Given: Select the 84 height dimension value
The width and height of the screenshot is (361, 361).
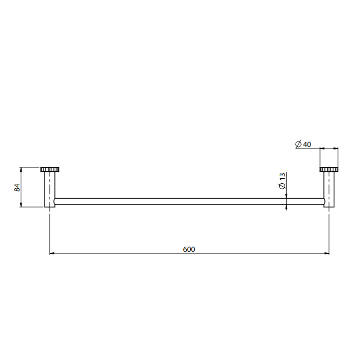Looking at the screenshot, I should pyautogui.click(x=17, y=187).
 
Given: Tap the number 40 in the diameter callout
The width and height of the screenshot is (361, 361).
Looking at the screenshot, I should pyautogui.click(x=307, y=144).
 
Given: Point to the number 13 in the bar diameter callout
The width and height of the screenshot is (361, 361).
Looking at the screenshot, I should pyautogui.click(x=282, y=177).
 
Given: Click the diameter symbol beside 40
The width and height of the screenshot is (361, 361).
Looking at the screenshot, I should pyautogui.click(x=298, y=144).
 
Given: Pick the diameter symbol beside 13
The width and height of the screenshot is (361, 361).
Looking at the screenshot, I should pyautogui.click(x=282, y=186).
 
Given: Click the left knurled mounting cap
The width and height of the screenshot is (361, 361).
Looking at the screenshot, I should pyautogui.click(x=49, y=169).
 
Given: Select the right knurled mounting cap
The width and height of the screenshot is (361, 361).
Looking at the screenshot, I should pyautogui.click(x=329, y=169).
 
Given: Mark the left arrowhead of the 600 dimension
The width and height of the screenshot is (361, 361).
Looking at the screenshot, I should pyautogui.click(x=52, y=254).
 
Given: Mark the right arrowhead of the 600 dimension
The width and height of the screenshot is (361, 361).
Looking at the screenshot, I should pyautogui.click(x=327, y=254).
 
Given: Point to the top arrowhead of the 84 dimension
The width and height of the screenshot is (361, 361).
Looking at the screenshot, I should pyautogui.click(x=21, y=169).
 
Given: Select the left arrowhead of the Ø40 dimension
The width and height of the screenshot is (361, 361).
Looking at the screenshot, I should pyautogui.click(x=322, y=148).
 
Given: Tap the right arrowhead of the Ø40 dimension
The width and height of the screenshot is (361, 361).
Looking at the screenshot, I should pyautogui.click(x=336, y=148).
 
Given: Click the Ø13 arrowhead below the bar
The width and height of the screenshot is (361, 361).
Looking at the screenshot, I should pyautogui.click(x=286, y=207).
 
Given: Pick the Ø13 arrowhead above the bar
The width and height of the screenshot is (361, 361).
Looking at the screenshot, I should pyautogui.click(x=286, y=196).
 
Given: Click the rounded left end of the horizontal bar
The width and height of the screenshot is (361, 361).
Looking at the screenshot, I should pyautogui.click(x=56, y=201).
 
